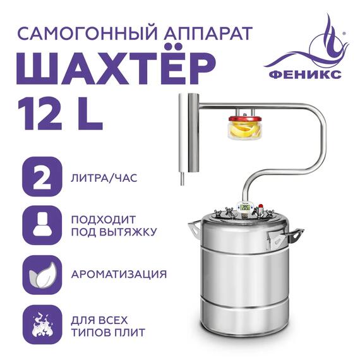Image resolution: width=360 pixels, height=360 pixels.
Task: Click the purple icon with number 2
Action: tap(42, 177)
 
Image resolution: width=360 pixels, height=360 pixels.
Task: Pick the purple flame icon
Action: tap(42, 322)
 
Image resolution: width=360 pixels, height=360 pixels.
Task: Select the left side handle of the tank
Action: tap(193, 227)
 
